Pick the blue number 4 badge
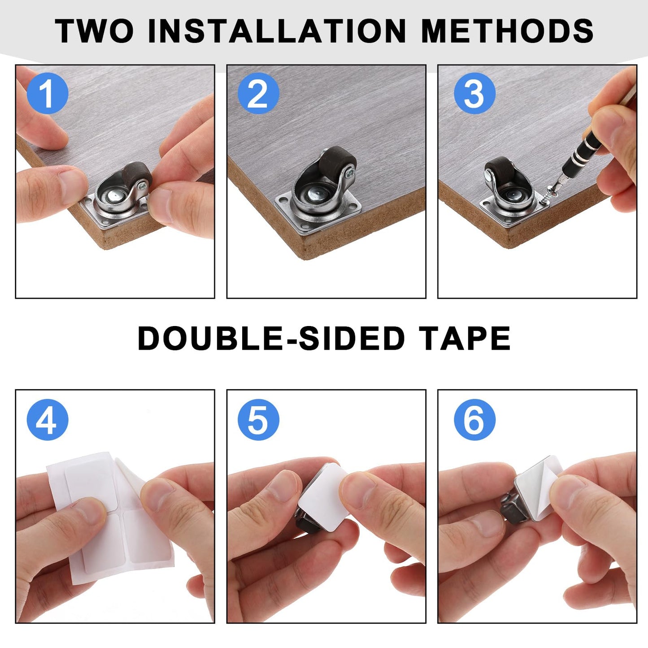(x=47, y=420)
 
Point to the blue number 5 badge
(x=258, y=420)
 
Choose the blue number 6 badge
(x=474, y=420)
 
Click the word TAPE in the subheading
(x=465, y=339)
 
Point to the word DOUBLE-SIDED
(x=271, y=339)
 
